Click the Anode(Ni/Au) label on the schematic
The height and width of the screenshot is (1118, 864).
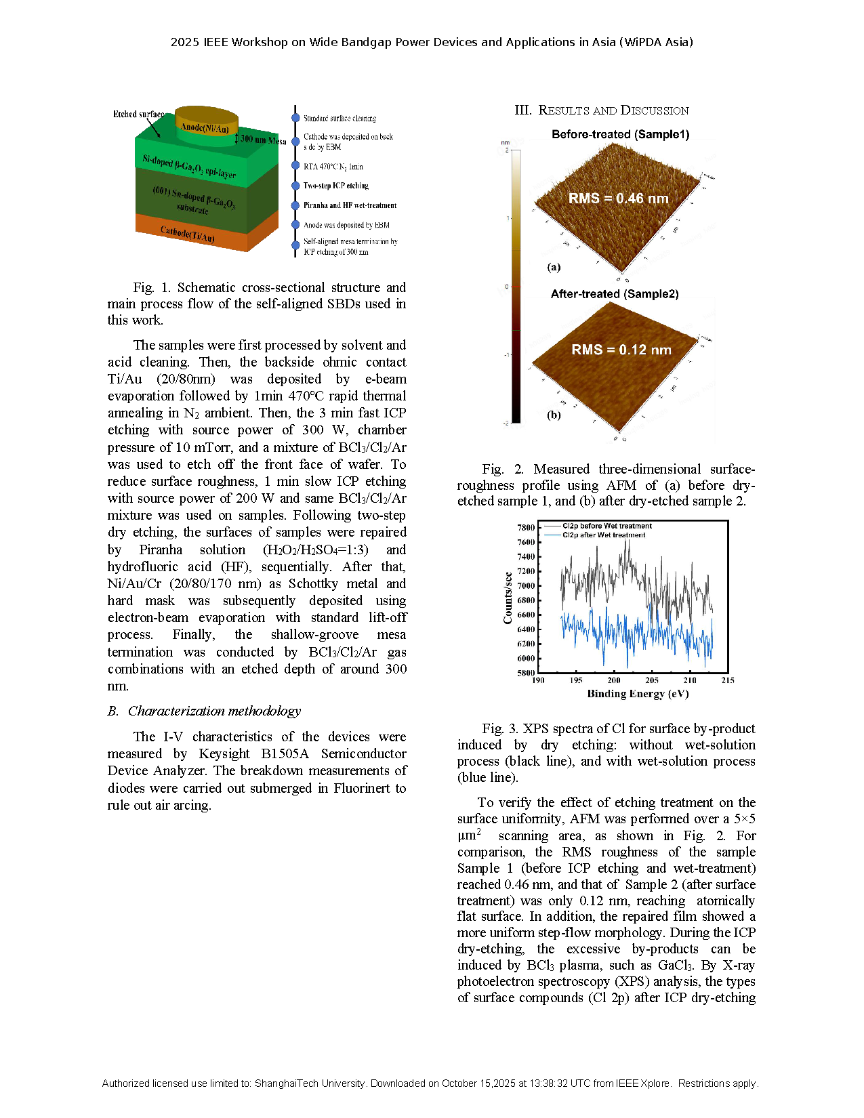click(x=205, y=127)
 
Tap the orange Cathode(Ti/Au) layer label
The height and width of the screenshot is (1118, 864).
click(x=187, y=234)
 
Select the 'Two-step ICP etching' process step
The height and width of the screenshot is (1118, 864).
click(x=335, y=186)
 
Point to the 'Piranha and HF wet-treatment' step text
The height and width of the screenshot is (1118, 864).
click(x=350, y=205)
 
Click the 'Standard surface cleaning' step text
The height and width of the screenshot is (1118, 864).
click(x=340, y=119)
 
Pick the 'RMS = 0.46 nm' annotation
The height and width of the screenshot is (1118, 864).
click(x=618, y=199)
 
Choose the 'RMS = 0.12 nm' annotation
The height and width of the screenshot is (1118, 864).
click(x=621, y=350)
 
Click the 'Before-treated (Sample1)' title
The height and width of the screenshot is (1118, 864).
click(x=620, y=134)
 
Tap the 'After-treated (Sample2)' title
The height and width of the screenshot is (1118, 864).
click(x=614, y=294)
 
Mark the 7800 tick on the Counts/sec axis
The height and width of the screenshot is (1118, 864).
click(x=526, y=527)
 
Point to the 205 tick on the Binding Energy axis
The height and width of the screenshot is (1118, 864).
click(x=652, y=680)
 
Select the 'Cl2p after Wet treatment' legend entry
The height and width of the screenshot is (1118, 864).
click(x=603, y=535)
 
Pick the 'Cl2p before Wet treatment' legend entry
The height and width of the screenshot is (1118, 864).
click(x=606, y=526)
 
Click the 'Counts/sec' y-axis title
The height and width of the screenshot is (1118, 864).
click(x=508, y=598)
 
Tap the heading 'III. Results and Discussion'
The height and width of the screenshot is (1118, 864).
click(x=601, y=110)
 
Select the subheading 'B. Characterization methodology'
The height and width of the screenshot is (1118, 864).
click(x=204, y=711)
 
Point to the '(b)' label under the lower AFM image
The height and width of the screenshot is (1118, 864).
click(x=554, y=415)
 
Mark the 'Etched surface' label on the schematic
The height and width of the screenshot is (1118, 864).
click(x=138, y=115)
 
